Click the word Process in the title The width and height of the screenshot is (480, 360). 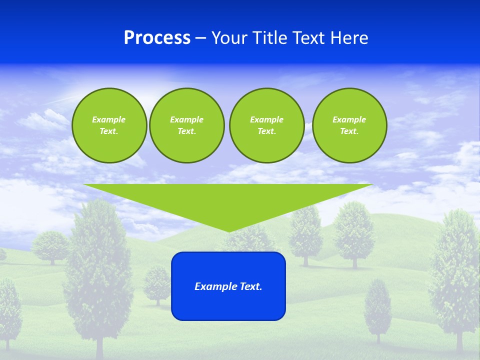point(157,38)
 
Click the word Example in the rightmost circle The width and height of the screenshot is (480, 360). point(349,119)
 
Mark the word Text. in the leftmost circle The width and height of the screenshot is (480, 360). point(109,131)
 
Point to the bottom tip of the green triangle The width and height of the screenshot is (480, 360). point(228,231)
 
